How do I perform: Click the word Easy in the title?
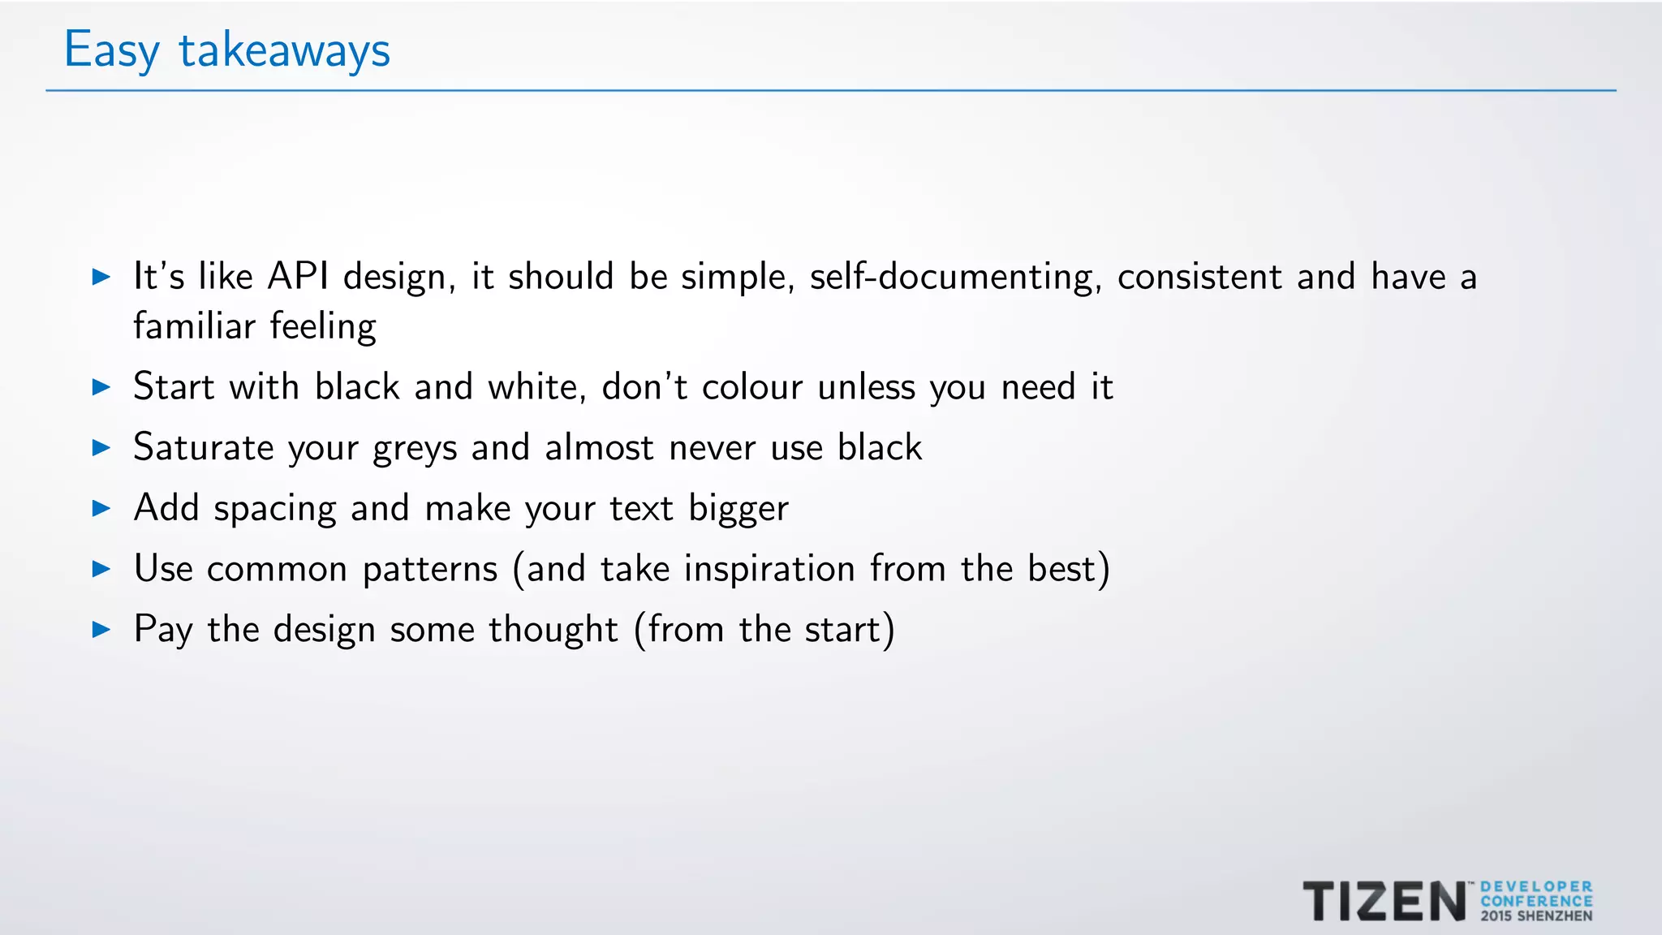(111, 50)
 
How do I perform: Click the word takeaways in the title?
(284, 50)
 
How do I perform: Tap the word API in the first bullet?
(298, 277)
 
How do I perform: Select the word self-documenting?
(955, 278)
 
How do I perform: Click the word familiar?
(195, 326)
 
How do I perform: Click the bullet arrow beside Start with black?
(101, 387)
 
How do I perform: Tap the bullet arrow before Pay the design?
(101, 629)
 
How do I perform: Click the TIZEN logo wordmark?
(1384, 901)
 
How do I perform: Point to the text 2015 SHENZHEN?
(1536, 916)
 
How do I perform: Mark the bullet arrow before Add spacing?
(101, 508)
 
